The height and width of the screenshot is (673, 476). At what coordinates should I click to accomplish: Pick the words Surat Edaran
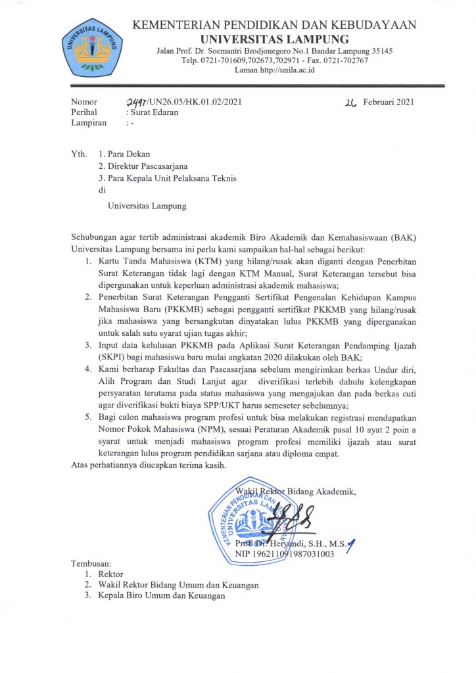[x=152, y=112]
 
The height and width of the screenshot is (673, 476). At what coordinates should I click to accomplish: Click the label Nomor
[x=84, y=102]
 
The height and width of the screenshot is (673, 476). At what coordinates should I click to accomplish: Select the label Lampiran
[x=89, y=122]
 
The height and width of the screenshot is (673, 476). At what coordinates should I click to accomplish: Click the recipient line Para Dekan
[x=128, y=154]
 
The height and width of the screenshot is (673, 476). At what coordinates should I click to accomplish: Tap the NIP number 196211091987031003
[x=285, y=554]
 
